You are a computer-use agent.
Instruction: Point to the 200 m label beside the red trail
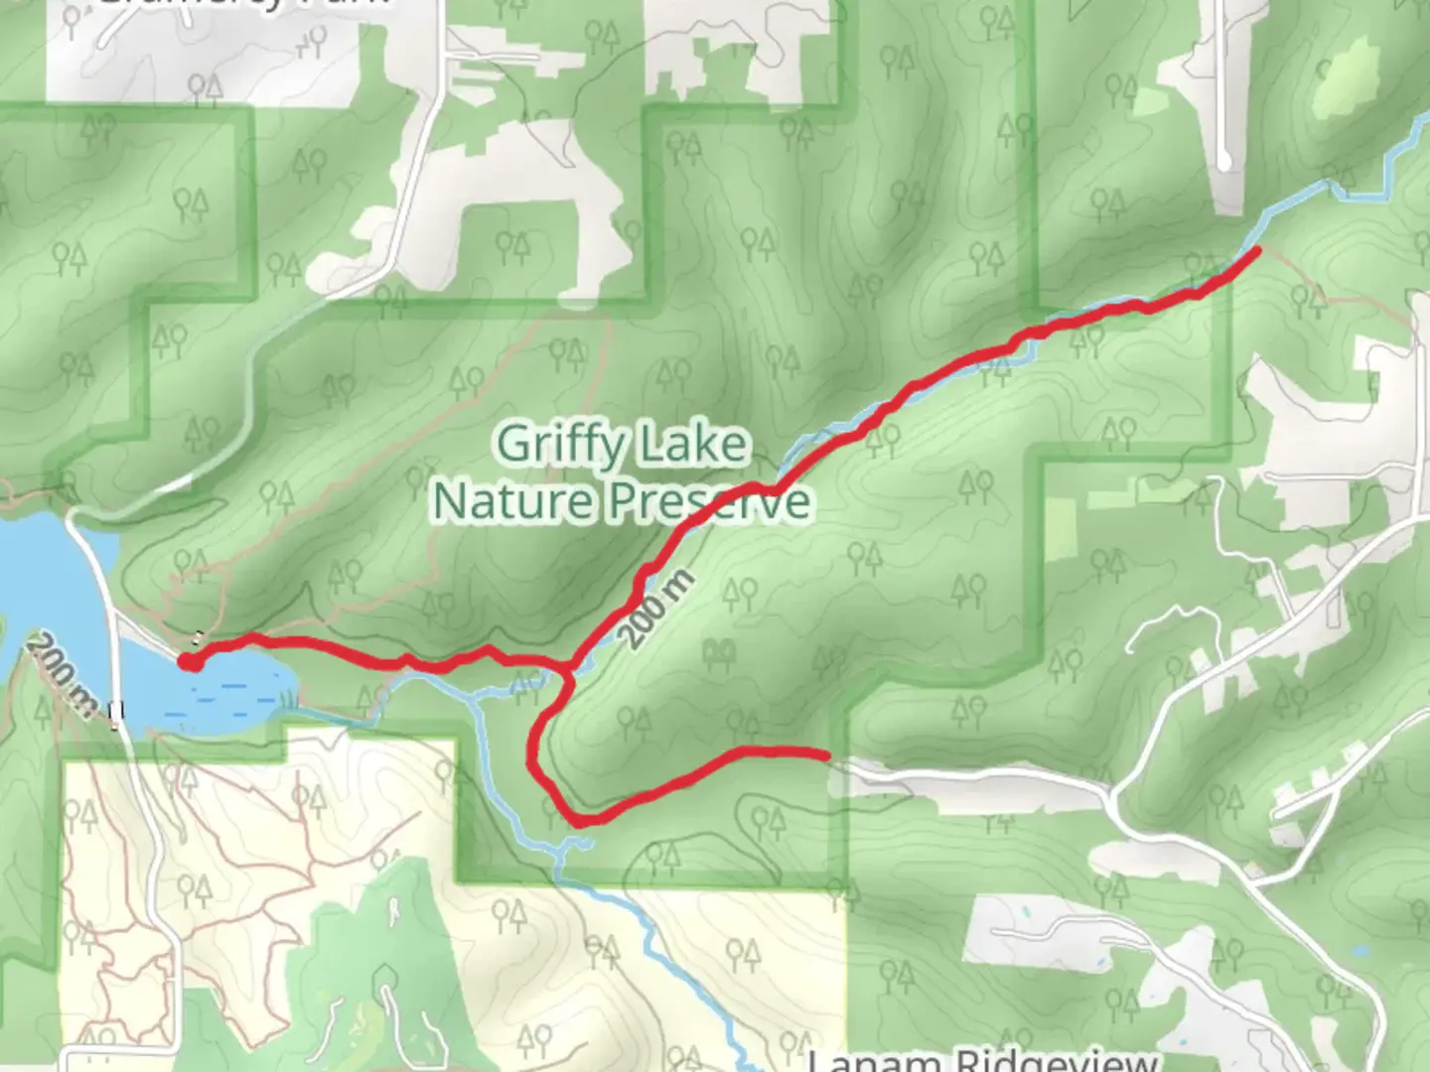[656, 608]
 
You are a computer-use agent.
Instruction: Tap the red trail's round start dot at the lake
[190, 661]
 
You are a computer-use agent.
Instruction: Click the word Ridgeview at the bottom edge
[1057, 1060]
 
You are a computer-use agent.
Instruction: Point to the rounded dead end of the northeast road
[1223, 160]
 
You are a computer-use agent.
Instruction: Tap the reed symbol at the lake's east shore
[289, 699]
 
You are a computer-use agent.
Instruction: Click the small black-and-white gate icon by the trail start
[200, 637]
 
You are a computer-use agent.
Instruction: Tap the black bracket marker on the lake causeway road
[118, 710]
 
